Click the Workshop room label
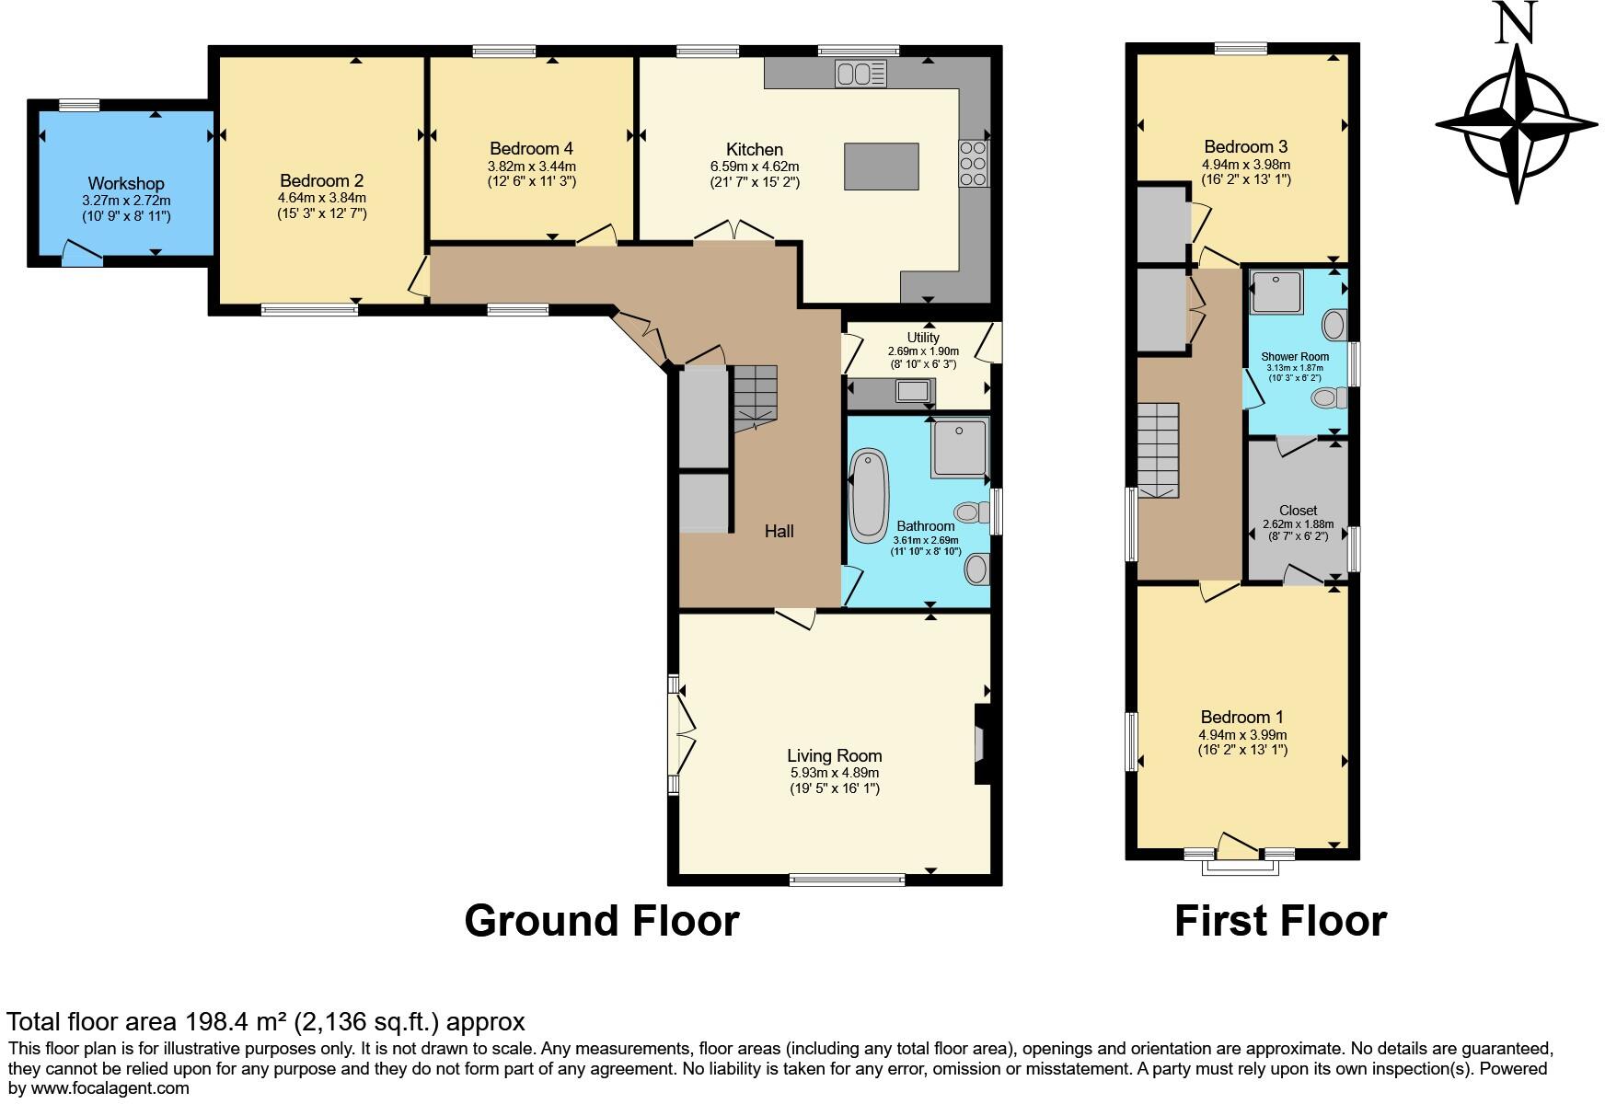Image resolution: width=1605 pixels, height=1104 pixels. [x=126, y=183]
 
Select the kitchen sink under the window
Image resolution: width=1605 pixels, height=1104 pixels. [x=860, y=73]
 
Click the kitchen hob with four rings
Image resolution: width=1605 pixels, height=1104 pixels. [x=973, y=164]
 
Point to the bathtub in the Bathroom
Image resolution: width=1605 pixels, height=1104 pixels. [x=868, y=495]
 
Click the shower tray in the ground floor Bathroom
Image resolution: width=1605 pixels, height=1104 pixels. [x=959, y=448]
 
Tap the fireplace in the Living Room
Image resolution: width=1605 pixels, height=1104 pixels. [x=983, y=743]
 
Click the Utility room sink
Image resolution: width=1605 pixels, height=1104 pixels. [x=913, y=392]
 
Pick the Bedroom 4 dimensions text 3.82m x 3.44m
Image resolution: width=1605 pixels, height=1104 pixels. [x=532, y=166]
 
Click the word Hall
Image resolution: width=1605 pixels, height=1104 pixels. [x=779, y=531]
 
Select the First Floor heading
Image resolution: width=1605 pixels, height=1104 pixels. [x=1280, y=921]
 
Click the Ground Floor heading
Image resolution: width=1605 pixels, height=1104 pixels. [x=601, y=921]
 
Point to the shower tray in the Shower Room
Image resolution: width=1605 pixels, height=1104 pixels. [x=1277, y=293]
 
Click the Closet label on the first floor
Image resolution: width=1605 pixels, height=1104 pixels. [x=1298, y=511]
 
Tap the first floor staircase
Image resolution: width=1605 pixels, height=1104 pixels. [x=1158, y=450]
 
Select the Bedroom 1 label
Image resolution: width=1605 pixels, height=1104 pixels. [x=1241, y=717]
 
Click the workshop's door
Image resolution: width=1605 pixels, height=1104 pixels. [x=82, y=253]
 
